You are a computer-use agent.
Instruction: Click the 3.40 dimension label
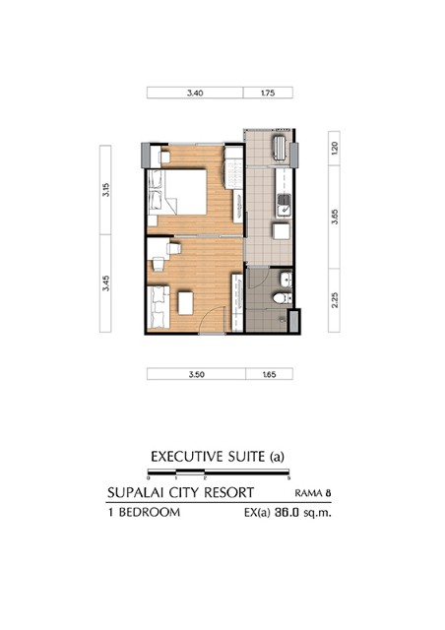coord(195,93)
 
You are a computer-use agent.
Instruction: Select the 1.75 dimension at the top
coord(268,93)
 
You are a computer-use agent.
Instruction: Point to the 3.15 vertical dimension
coord(105,190)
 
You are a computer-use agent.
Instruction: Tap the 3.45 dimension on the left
coord(105,283)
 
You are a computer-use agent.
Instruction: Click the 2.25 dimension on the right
coord(335,299)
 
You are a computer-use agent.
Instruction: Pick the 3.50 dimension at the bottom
coord(197,374)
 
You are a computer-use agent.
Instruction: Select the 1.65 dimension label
coord(269,374)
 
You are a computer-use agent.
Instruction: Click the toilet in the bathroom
coord(283,298)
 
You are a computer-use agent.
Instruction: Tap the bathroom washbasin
coord(286,280)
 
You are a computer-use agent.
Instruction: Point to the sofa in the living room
coord(159,307)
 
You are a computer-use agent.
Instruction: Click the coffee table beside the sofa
coord(186,303)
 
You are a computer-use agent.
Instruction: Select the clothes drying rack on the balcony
coord(280,149)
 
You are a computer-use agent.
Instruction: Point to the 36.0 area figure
coord(286,513)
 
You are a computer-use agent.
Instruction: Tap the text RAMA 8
coord(313,493)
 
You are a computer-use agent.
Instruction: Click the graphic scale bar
coord(219,472)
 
